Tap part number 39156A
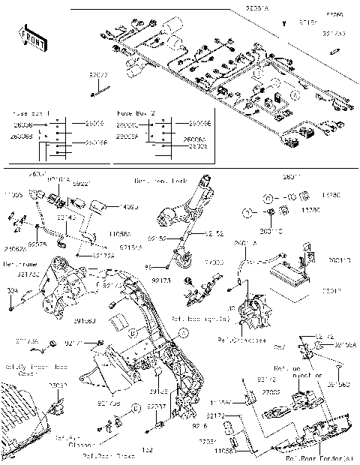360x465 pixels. (x=344, y=345)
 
